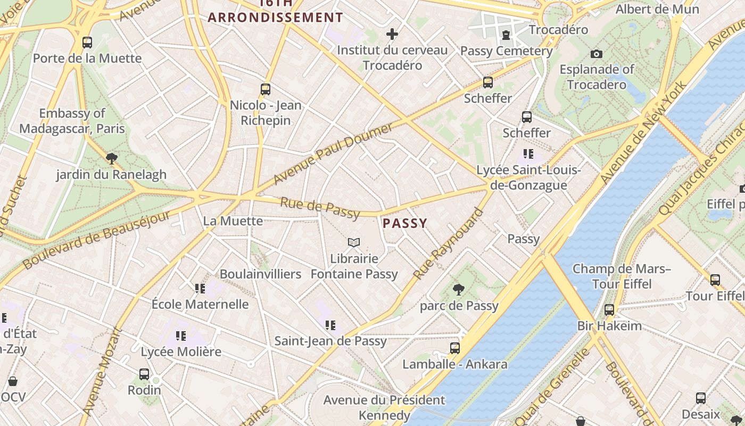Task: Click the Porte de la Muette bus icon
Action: (87, 43)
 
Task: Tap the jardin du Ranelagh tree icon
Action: (111, 158)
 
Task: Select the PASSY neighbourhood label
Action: (405, 223)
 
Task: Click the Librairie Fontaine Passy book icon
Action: (354, 243)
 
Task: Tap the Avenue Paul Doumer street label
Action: (333, 153)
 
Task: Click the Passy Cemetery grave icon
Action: (506, 35)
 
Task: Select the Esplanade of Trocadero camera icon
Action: (597, 54)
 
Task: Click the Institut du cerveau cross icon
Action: (392, 35)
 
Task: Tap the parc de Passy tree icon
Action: (458, 290)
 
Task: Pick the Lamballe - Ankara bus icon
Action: (455, 348)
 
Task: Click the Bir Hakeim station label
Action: (609, 325)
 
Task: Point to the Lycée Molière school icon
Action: (181, 336)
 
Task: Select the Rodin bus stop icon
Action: (144, 374)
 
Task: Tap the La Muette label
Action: (233, 220)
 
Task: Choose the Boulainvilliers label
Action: (260, 274)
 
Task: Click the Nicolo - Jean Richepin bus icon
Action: (266, 89)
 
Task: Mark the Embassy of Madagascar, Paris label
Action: (72, 121)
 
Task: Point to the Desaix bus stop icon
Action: (701, 398)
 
